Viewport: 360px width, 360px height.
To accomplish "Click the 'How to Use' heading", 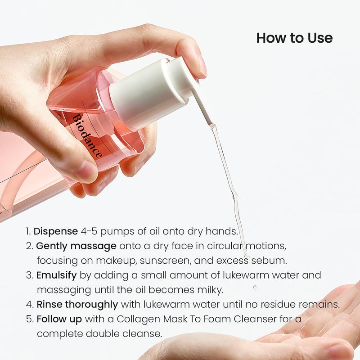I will tap(294, 38).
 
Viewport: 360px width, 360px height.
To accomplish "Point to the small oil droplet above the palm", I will tap(255, 287).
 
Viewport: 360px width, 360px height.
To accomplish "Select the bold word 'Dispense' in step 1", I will tap(55, 231).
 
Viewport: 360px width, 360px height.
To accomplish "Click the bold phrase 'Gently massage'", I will tap(76, 246).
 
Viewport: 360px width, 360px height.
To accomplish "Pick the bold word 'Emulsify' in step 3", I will tap(57, 275).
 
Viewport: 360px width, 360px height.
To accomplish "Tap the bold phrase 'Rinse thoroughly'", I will tap(78, 304).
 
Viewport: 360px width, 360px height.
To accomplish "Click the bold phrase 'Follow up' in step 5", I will tap(59, 319).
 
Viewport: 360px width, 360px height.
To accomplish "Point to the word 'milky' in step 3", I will tap(211, 290).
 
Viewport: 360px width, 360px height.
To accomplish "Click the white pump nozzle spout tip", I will tap(210, 122).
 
